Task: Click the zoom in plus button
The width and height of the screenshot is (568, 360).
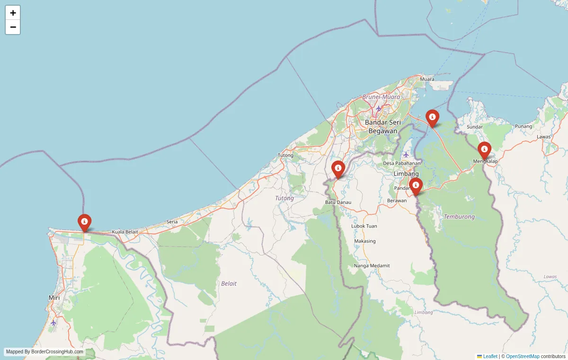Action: [13, 13]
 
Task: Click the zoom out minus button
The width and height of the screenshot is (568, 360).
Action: [13, 27]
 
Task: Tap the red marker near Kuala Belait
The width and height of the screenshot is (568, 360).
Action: [84, 222]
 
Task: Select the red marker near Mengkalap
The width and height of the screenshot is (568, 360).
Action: [484, 150]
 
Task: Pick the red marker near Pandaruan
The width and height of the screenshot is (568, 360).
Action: [416, 185]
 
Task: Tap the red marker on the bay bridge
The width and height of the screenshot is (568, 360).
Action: [432, 118]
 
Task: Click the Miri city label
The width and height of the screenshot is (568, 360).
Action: [54, 298]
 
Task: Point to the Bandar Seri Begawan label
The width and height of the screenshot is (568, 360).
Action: [383, 126]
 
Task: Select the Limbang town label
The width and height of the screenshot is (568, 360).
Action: [406, 174]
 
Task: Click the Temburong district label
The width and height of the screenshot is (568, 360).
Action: [459, 217]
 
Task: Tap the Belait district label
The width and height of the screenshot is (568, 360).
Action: [229, 283]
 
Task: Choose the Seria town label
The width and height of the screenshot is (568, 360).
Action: [172, 222]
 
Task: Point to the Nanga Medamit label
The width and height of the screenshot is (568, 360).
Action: [372, 266]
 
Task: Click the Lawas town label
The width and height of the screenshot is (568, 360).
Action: [544, 137]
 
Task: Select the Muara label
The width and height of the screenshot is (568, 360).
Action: [427, 79]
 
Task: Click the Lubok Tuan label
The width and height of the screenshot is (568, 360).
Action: [364, 226]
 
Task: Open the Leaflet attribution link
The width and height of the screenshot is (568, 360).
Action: [490, 356]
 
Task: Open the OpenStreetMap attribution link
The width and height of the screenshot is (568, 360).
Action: [523, 356]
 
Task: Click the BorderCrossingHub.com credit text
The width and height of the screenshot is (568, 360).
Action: [44, 352]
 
